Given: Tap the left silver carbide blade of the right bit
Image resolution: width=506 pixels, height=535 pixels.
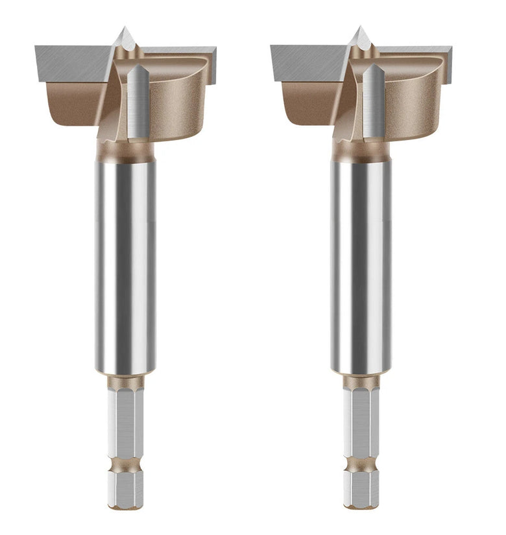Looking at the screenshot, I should click(306, 62).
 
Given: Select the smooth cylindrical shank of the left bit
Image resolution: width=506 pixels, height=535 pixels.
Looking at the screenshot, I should click(126, 266).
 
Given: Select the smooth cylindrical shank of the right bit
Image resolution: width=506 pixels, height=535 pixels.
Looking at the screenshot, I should click(361, 266).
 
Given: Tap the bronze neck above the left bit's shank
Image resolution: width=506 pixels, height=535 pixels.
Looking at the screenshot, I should click(126, 151).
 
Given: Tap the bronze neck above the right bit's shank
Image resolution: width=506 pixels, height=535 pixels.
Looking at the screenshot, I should click(361, 151).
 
